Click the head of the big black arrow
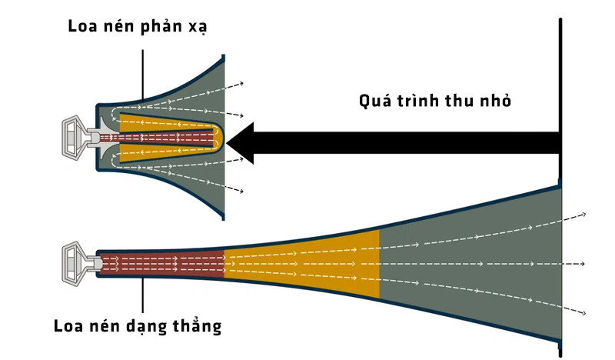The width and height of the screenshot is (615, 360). (x=240, y=143)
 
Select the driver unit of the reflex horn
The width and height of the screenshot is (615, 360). (x=76, y=137)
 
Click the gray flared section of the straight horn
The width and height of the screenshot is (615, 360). (x=470, y=263)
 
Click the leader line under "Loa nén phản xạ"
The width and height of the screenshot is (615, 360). (x=143, y=75)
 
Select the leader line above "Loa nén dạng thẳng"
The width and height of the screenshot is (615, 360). (x=143, y=295)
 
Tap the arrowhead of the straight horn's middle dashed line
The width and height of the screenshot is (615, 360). (x=583, y=264)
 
